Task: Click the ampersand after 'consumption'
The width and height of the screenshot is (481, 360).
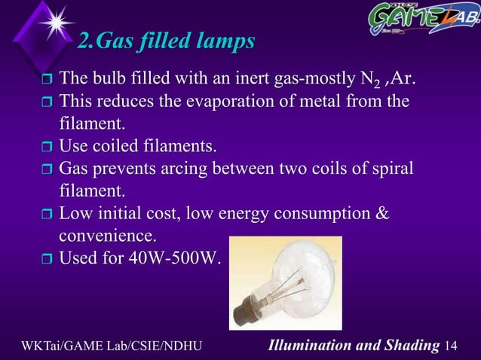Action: pyautogui.click(x=381, y=213)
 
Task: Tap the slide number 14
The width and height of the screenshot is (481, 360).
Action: pyautogui.click(x=452, y=346)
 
